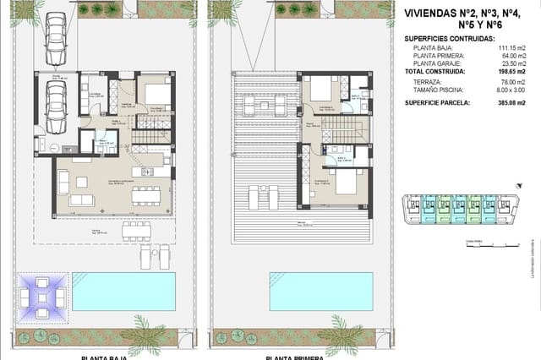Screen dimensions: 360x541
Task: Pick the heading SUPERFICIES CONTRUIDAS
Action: click(x=450, y=39)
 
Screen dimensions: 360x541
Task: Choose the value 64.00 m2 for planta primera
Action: click(x=511, y=57)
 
